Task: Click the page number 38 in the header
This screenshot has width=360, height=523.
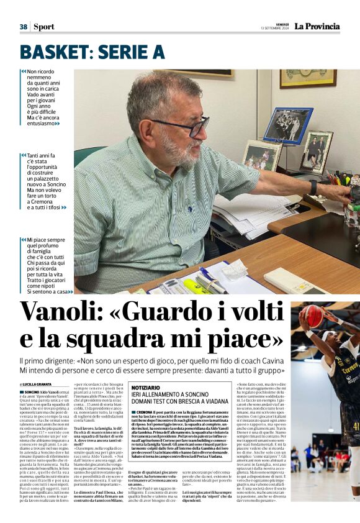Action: tap(24, 27)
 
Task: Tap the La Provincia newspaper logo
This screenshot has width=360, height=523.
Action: tap(317, 26)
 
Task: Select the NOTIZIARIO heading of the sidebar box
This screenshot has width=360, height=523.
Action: tap(150, 387)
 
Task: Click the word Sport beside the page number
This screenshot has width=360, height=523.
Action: tap(43, 27)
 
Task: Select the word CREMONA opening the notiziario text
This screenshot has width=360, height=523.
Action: tap(148, 413)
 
